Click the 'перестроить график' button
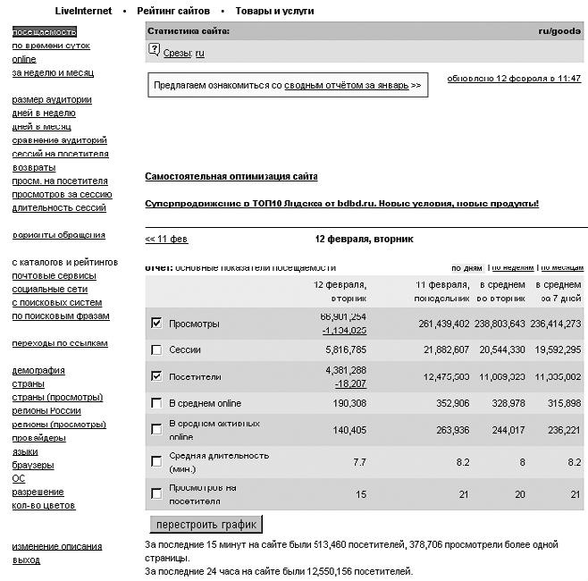pos(206,524)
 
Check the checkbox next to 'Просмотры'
pos(157,323)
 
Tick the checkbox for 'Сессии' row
pos(157,350)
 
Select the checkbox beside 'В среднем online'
pos(157,403)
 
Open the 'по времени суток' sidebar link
pos(51,46)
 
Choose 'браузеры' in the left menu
pos(33,465)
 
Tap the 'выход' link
pos(26,560)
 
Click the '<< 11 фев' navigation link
pos(166,240)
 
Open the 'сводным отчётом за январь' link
pos(347,86)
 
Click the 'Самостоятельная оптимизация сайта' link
pos(231,177)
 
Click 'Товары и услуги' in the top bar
pos(274,11)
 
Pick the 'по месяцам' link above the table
pos(560,267)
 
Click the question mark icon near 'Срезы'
pos(154,51)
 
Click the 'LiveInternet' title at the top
pos(83,11)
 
